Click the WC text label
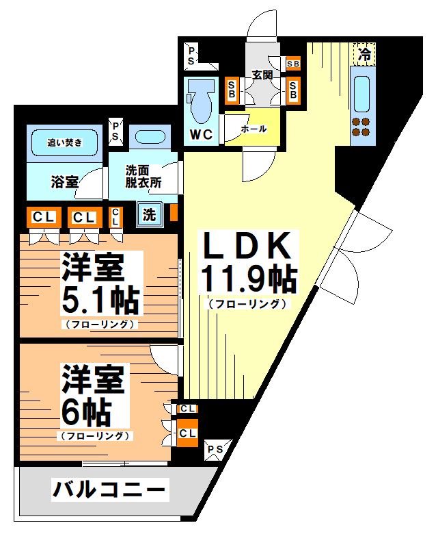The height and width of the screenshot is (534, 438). pos(201,134)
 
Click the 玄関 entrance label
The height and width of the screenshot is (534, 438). pos(262,75)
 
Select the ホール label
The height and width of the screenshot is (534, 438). pos(254,129)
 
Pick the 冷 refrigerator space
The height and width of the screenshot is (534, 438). pos(364,54)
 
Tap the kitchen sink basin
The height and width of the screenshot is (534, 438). pos(361,94)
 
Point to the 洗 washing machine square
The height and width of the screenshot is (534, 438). pos(149,214)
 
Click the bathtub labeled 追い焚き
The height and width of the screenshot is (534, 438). pos(64,142)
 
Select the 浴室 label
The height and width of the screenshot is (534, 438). pos(64,182)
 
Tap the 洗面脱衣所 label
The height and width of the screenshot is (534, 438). pos(143,177)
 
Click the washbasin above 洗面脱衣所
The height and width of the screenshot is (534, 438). pos(150,137)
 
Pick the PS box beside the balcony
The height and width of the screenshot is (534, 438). pos(215,450)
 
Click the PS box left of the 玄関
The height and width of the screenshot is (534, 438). pos(191,56)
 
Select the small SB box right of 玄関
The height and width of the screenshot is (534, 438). pos(293,64)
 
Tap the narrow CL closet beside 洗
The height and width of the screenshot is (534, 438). pos(115,217)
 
